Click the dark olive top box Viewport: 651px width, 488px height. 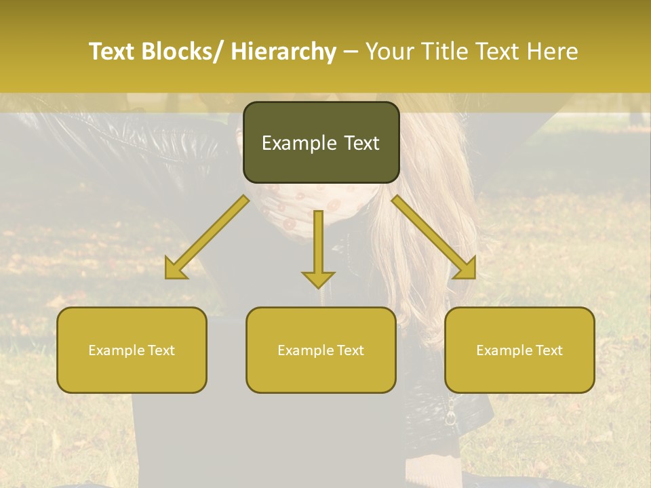click(x=321, y=142)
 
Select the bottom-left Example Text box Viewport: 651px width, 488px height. click(x=132, y=350)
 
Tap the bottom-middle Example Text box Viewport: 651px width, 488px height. click(x=321, y=350)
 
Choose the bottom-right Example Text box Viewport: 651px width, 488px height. click(x=519, y=350)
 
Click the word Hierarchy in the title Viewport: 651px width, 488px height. click(x=283, y=52)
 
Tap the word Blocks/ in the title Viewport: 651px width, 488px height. click(x=182, y=52)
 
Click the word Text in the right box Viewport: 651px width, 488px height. click(x=549, y=350)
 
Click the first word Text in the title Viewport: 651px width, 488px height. click(x=112, y=52)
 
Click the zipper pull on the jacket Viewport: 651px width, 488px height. click(x=450, y=413)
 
